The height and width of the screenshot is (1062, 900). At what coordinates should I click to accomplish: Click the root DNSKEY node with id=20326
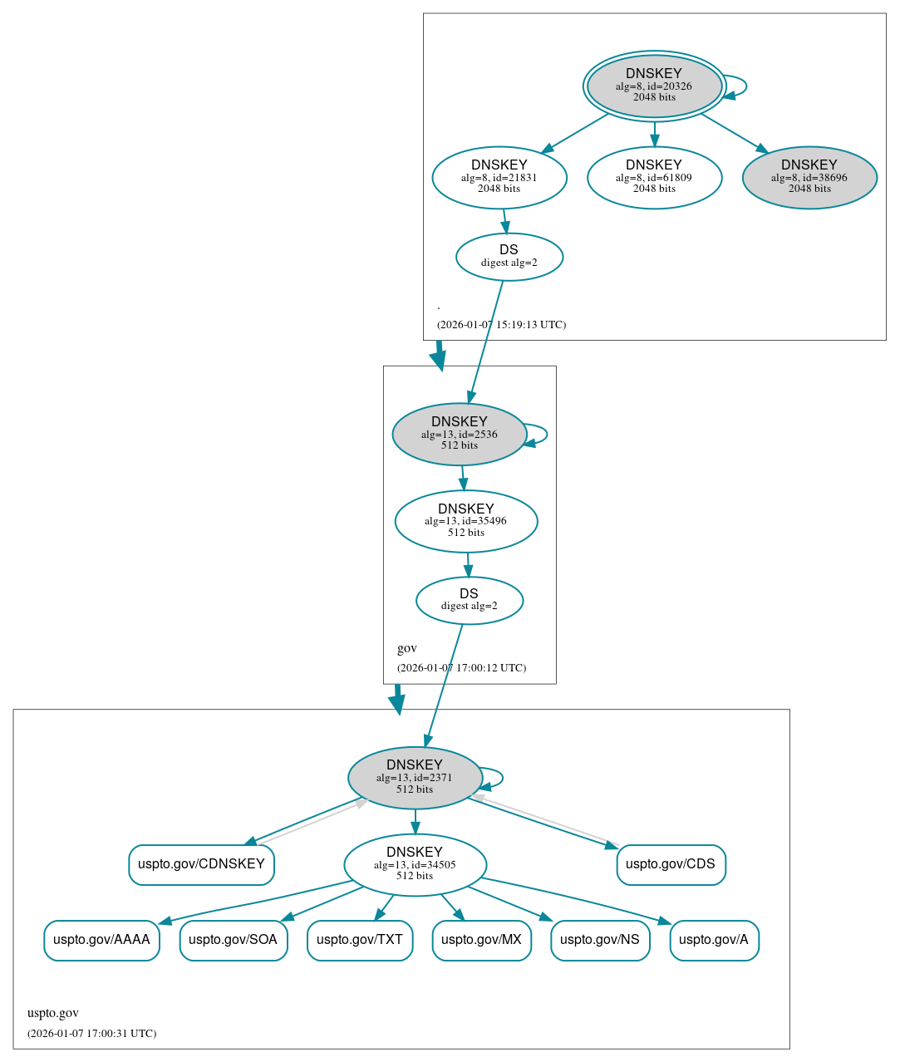point(654,86)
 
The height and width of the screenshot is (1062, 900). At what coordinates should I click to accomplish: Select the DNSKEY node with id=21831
point(499,177)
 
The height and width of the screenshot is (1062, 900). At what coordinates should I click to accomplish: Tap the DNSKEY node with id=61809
point(654,177)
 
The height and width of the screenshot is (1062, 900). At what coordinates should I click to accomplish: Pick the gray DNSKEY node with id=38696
point(809,177)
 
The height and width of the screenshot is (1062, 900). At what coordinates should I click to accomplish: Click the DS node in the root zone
point(509,257)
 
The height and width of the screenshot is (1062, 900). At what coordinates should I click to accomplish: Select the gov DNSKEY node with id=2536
point(459,434)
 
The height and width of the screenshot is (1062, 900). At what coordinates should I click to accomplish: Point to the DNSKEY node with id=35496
point(465,521)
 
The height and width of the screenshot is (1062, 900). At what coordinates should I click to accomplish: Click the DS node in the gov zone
point(469,600)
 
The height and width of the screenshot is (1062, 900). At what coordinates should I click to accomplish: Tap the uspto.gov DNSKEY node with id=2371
point(415,778)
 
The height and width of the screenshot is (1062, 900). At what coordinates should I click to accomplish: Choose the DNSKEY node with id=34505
point(415,865)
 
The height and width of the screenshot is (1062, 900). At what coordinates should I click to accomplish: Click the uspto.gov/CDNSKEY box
point(201,864)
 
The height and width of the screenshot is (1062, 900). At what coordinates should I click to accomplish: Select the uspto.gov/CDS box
point(671,864)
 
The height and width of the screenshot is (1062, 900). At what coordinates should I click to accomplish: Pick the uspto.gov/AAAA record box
point(101,940)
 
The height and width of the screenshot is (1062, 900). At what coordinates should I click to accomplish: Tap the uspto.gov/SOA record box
point(234,940)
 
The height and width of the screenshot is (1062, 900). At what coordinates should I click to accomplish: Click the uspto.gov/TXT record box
point(360,940)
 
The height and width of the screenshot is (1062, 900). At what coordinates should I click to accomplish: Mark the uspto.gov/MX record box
point(481,940)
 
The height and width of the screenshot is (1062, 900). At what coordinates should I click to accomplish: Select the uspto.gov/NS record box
point(600,940)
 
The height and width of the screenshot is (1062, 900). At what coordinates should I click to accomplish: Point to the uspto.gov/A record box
point(714,940)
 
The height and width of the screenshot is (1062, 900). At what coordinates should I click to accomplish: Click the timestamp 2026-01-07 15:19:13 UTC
point(501,325)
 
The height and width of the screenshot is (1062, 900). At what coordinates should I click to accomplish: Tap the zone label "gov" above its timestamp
point(407,648)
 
